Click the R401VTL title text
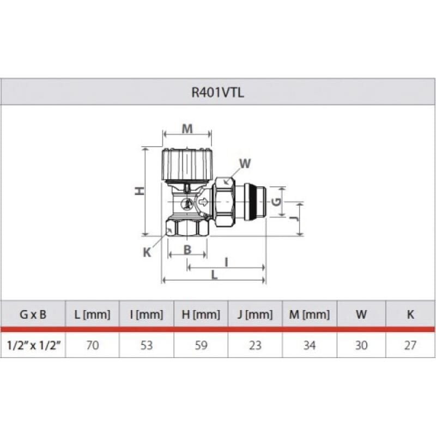[217, 92]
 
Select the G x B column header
[33, 314]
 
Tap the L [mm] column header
[92, 314]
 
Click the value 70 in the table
[92, 345]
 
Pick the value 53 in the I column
[147, 345]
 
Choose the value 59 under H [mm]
[201, 345]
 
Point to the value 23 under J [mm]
[255, 345]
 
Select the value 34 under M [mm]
[310, 345]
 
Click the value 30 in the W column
[361, 345]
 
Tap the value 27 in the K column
[410, 345]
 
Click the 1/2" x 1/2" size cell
[33, 345]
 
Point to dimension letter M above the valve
[187, 129]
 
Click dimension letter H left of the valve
[140, 191]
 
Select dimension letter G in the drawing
[277, 201]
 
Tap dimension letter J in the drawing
[294, 218]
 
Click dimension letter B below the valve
[187, 250]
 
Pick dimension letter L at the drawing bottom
[214, 275]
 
